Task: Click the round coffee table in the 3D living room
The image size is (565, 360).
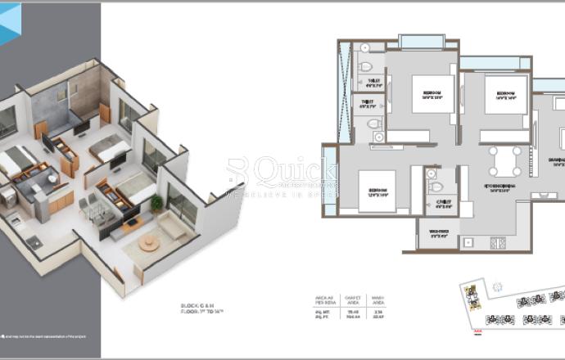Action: pos(149,244)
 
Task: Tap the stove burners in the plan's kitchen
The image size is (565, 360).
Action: pos(496,242)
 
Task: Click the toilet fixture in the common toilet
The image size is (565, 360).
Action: pos(435,187)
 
